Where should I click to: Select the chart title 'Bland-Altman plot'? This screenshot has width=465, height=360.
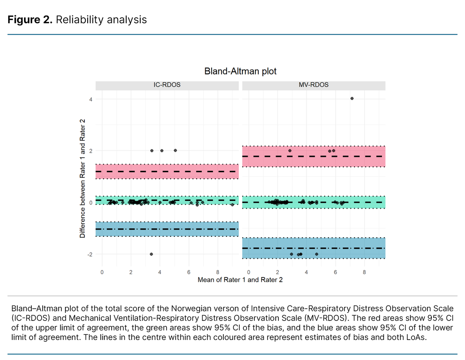pyautogui.click(x=240, y=71)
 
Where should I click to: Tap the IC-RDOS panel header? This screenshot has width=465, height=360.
pyautogui.click(x=167, y=85)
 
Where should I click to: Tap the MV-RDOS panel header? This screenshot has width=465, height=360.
pyautogui.click(x=314, y=85)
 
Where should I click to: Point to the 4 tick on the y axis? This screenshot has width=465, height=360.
pyautogui.click(x=91, y=99)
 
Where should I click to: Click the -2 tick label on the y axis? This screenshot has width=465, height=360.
pyautogui.click(x=89, y=255)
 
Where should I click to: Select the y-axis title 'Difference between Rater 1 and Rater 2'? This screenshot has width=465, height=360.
pyautogui.click(x=82, y=177)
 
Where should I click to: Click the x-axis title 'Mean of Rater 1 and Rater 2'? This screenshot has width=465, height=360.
pyautogui.click(x=240, y=280)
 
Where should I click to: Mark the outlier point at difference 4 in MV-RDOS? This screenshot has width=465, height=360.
pyautogui.click(x=352, y=98)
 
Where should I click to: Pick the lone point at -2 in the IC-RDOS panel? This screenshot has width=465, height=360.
pyautogui.click(x=151, y=254)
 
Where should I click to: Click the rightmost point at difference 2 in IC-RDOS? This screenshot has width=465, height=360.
pyautogui.click(x=175, y=150)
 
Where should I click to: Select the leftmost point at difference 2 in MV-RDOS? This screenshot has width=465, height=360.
pyautogui.click(x=290, y=150)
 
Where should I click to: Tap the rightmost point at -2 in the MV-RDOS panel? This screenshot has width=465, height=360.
pyautogui.click(x=317, y=254)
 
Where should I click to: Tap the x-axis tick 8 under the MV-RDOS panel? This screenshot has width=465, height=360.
pyautogui.click(x=364, y=272)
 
